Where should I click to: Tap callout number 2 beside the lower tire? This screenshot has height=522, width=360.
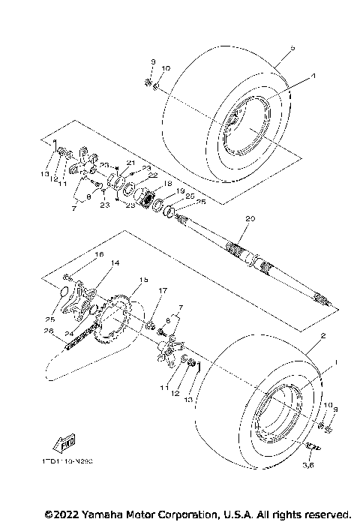point(322,337)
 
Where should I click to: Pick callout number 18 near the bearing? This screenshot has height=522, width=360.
point(167,183)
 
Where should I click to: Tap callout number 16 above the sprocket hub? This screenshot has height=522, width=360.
point(98,255)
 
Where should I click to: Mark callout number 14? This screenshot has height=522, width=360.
point(115,263)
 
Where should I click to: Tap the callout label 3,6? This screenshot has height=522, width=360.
point(307,465)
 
